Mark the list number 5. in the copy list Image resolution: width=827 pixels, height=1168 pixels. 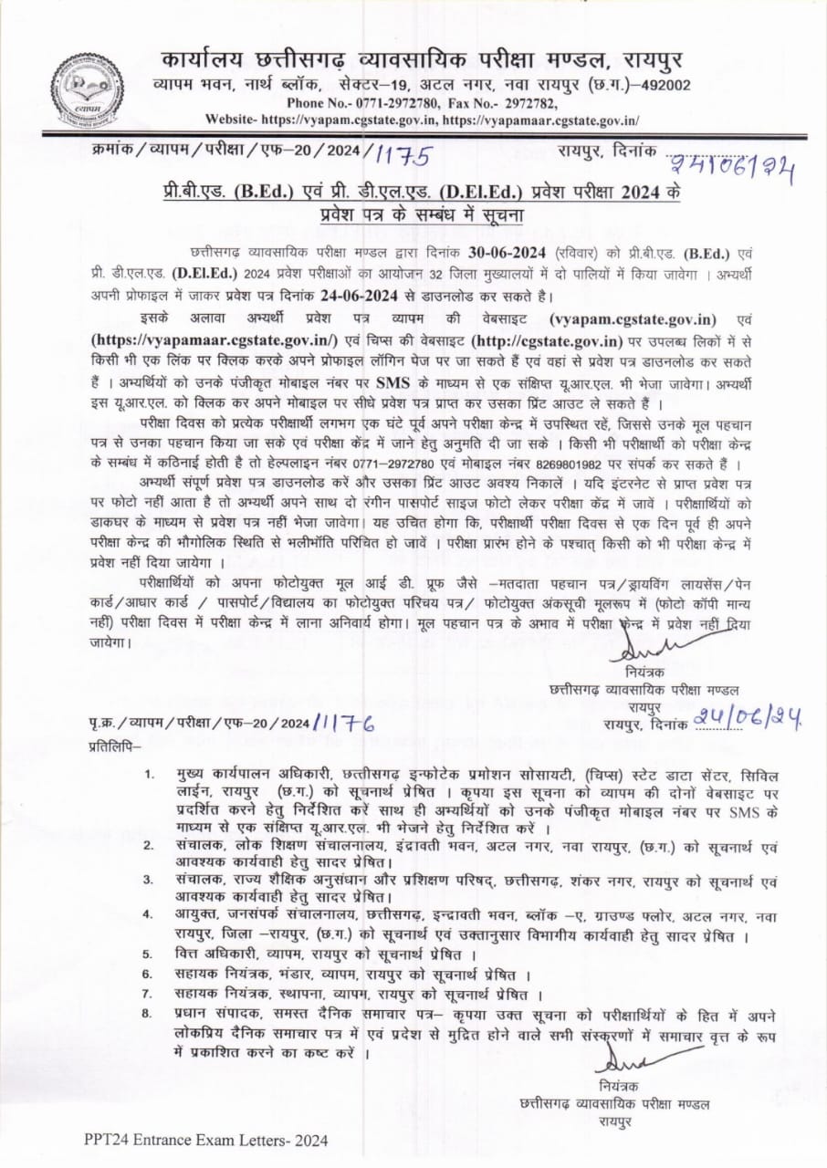147,954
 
